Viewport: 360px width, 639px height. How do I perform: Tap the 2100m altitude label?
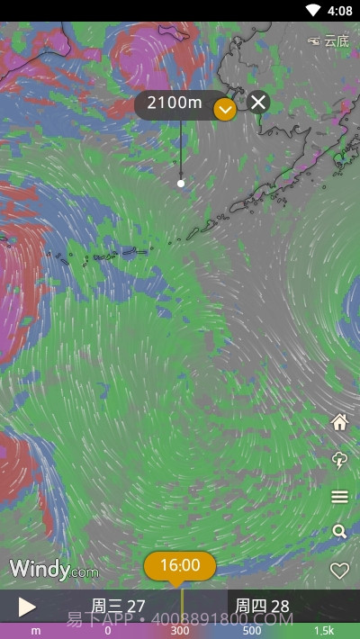pos(175,103)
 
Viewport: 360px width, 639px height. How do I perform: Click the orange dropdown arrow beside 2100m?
pos(225,109)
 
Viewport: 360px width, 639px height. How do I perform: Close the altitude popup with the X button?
pos(258,102)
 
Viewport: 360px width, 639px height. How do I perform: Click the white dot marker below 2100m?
pos(181,183)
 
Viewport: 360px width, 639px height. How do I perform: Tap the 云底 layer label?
pos(329,40)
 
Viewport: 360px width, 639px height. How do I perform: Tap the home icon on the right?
pos(339,422)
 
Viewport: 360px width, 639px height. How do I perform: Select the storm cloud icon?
pos(339,460)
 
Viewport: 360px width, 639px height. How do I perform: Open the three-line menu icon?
pos(339,497)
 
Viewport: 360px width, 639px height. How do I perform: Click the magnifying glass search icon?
pos(339,532)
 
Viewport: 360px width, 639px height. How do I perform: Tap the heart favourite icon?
pos(339,570)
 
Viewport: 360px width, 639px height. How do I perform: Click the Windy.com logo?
pos(53,569)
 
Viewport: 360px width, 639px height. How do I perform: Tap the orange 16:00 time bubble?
pos(180,565)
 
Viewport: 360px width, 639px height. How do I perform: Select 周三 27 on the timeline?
pos(118,606)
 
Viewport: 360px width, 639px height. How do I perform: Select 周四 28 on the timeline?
pos(262,606)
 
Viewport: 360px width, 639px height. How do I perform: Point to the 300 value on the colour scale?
pos(180,631)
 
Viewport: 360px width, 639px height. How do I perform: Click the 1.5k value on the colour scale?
pos(324,631)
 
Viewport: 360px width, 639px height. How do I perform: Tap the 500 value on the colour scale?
pos(252,631)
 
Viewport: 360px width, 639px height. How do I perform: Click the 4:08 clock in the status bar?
pos(340,11)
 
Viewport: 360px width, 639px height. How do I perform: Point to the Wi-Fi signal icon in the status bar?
pos(313,11)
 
